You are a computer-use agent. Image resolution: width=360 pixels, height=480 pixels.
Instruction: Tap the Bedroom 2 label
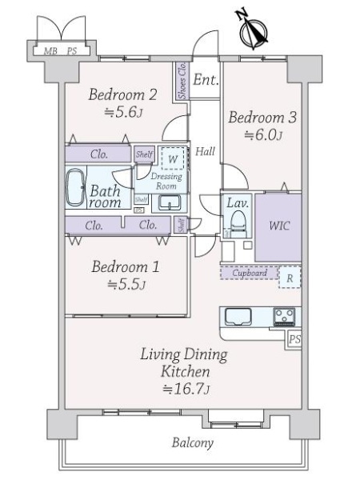tap(122, 94)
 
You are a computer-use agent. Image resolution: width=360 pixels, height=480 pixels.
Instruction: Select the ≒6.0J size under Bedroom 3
tap(262, 135)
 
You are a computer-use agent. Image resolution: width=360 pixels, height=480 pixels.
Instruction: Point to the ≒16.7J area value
tap(186, 390)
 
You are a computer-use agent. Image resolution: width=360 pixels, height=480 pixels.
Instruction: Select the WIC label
tap(279, 226)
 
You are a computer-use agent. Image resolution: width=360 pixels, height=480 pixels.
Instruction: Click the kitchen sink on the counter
tap(239, 317)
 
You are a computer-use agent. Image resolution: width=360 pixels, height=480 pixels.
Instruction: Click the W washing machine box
tap(172, 159)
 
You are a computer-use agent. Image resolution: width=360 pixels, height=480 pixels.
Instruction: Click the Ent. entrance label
tap(206, 79)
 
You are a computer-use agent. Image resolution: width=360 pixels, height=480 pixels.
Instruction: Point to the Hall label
tap(205, 150)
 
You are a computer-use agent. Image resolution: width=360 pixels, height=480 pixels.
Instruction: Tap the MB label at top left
tap(50, 50)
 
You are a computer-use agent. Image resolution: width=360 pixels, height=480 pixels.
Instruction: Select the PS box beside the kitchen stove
tap(294, 340)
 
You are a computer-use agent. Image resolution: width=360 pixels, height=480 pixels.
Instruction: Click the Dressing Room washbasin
tap(170, 202)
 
